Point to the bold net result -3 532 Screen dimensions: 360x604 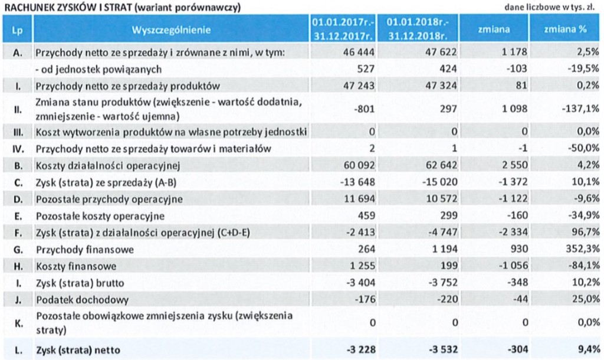pyautogui.click(x=426, y=348)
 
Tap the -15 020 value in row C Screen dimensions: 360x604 pyautogui.click(x=426, y=182)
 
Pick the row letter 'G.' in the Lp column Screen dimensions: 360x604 pyautogui.click(x=18, y=250)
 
